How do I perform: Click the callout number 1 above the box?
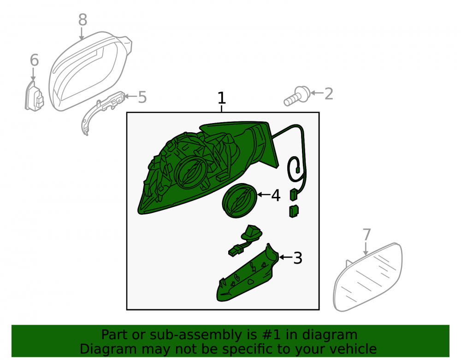tap(222, 98)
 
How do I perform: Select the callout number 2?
tap(329, 94)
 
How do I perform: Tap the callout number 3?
tap(298, 258)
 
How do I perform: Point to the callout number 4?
tap(276, 195)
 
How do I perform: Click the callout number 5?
tap(142, 97)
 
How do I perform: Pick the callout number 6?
tap(35, 60)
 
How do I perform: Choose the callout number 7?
tap(366, 235)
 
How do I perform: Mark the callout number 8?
tap(83, 20)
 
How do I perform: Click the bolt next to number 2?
tap(296, 96)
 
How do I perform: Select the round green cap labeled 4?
tap(239, 201)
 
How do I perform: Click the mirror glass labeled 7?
tap(368, 277)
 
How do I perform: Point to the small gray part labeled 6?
tap(34, 96)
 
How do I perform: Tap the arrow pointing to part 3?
tap(286, 257)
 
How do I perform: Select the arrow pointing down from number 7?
tap(366, 248)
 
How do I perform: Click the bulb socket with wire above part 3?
tap(245, 241)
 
